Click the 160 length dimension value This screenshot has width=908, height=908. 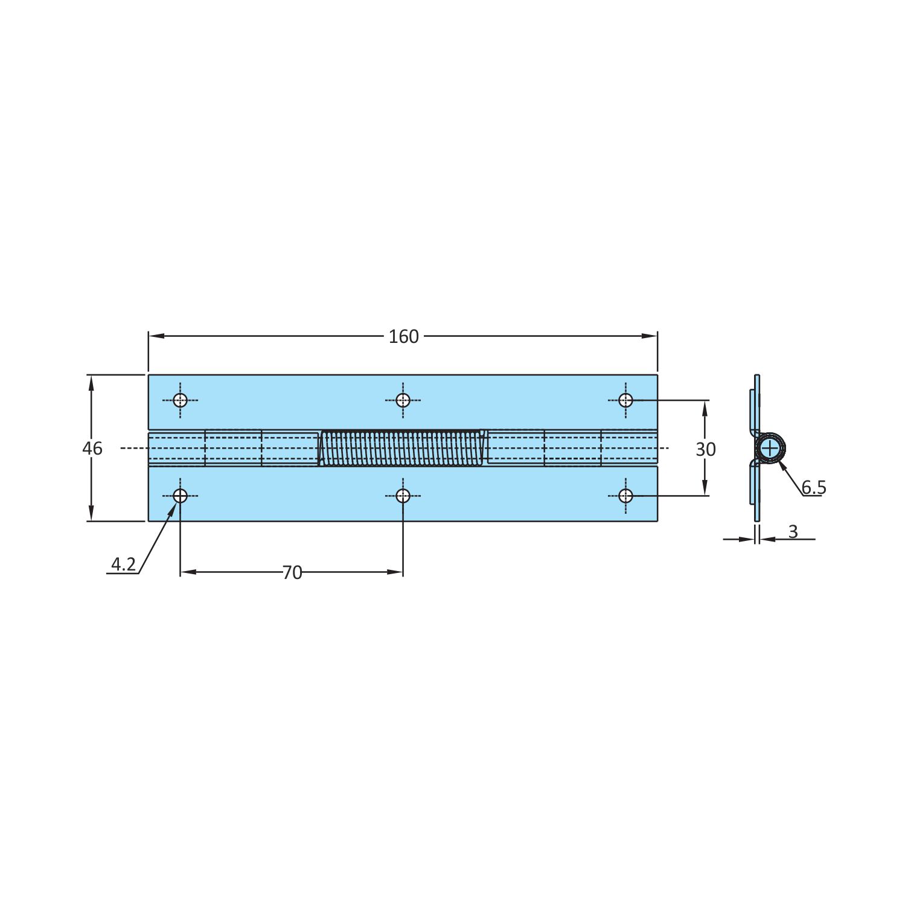pyautogui.click(x=403, y=336)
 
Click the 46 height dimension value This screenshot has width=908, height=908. pyautogui.click(x=92, y=449)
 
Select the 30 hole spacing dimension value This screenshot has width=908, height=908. pyautogui.click(x=706, y=449)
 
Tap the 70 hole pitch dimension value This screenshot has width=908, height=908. pyautogui.click(x=292, y=572)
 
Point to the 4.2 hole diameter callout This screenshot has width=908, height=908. pyautogui.click(x=123, y=564)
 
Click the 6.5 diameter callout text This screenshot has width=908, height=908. pyautogui.click(x=814, y=487)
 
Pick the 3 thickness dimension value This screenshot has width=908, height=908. pyautogui.click(x=793, y=531)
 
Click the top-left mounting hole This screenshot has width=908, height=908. pyautogui.click(x=180, y=400)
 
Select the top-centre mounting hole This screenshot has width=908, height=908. pyautogui.click(x=403, y=400)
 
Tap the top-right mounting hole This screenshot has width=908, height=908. pyautogui.click(x=625, y=400)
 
